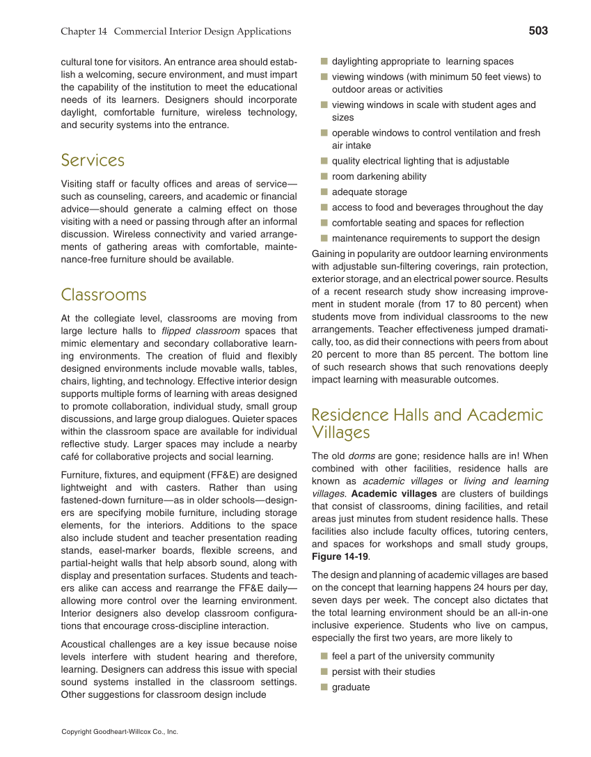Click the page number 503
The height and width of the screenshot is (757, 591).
pos(537,31)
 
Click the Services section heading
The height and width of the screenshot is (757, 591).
pos(93,160)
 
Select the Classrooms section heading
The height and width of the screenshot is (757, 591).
pos(104,295)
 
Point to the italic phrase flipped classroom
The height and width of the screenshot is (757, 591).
pos(200,331)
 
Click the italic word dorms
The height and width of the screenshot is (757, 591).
pos(361,456)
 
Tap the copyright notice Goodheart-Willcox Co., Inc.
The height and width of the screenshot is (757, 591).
pos(120,732)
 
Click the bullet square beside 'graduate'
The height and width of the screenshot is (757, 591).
pos(324,687)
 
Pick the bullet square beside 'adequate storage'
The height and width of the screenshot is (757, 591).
pos(324,192)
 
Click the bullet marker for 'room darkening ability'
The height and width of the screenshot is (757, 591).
pos(324,177)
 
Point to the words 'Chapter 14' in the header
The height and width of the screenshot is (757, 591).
pos(84,31)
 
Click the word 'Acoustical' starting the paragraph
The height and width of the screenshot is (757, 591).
pos(84,644)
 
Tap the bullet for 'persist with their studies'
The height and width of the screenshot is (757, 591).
pos(324,672)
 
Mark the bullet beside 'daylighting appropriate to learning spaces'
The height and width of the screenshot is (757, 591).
pos(324,61)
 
